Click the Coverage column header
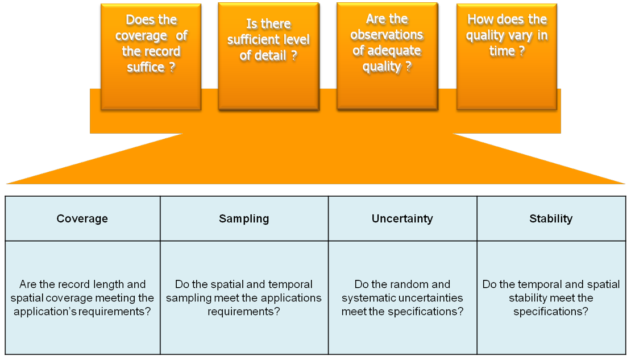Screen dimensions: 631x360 82,218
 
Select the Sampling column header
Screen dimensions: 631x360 244,218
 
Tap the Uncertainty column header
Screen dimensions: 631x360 402,218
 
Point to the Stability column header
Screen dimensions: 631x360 551,218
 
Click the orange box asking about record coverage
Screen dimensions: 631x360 151,57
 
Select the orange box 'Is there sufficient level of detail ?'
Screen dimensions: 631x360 269,56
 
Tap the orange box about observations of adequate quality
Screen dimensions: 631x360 387,56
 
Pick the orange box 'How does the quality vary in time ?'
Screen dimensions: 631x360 507,57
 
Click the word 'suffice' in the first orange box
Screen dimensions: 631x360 146,67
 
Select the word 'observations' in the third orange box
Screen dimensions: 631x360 387,35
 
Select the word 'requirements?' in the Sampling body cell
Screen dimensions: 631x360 244,312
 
